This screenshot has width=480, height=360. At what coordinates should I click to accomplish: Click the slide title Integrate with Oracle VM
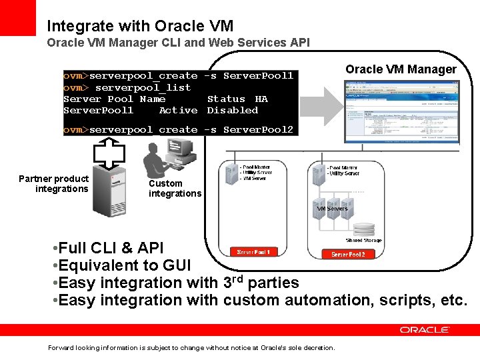point(140,26)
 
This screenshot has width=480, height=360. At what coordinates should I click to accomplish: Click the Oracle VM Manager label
point(401,69)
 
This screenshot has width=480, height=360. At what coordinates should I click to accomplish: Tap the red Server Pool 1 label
point(253,252)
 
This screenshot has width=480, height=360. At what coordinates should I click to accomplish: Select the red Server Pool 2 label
point(348,255)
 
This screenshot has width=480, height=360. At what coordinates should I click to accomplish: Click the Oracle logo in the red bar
point(425,329)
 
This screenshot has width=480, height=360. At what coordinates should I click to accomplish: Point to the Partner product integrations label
point(53,183)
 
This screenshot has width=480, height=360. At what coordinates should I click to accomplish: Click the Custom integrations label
point(174,188)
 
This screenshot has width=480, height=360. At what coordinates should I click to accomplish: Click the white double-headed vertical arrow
point(104,152)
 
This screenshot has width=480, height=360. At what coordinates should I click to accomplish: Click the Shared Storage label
point(363,240)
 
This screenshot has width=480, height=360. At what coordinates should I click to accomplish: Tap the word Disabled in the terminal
point(232,110)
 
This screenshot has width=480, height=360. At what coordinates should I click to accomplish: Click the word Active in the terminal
point(178,110)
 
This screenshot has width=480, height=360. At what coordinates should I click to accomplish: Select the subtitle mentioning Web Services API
point(178,43)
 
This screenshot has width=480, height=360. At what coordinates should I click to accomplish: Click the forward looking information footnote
point(192,347)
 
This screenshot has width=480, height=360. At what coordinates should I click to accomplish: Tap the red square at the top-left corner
point(17,17)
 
